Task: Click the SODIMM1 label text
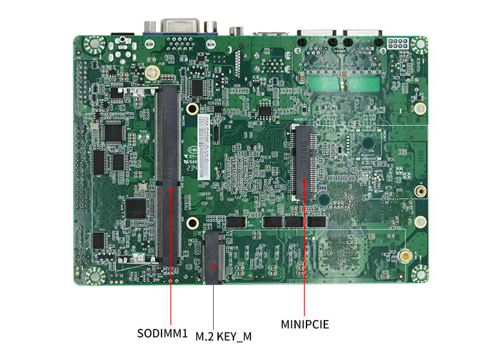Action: (x=163, y=333)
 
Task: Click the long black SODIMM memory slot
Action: (x=169, y=175)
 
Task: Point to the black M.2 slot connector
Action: (x=213, y=258)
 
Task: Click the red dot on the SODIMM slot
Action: (x=170, y=188)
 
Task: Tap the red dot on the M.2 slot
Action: (x=213, y=265)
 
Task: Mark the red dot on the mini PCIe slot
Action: (x=304, y=182)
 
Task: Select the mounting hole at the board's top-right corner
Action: (x=418, y=45)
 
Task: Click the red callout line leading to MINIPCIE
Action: (x=304, y=254)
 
